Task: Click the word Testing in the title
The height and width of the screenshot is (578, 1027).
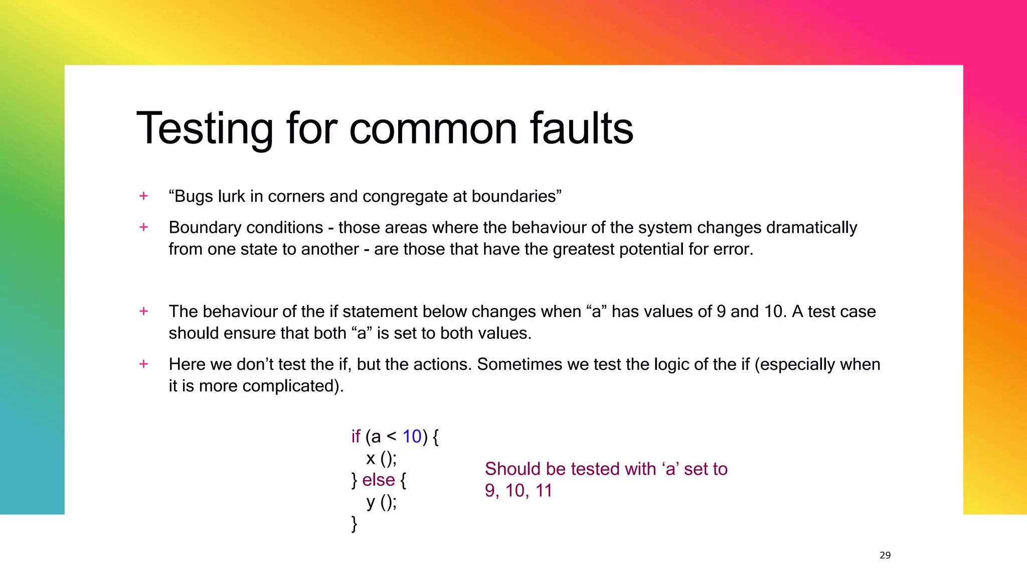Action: [205, 129]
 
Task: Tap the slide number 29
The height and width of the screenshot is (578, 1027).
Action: [885, 555]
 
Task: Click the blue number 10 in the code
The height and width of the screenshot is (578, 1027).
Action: [412, 437]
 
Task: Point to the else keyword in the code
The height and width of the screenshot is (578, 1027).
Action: [379, 480]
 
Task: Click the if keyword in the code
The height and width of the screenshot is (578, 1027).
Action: [356, 437]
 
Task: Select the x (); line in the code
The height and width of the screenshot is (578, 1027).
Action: [381, 458]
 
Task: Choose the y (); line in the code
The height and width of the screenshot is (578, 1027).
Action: [381, 502]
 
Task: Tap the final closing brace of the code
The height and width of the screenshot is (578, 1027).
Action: [354, 523]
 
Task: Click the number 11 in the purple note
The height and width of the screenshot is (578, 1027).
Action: [544, 491]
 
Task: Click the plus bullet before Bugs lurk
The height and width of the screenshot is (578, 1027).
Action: [144, 196]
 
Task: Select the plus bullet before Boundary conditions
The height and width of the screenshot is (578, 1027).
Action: [144, 227]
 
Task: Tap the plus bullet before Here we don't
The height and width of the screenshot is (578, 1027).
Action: [144, 364]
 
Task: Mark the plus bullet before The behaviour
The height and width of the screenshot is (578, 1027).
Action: [144, 311]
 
